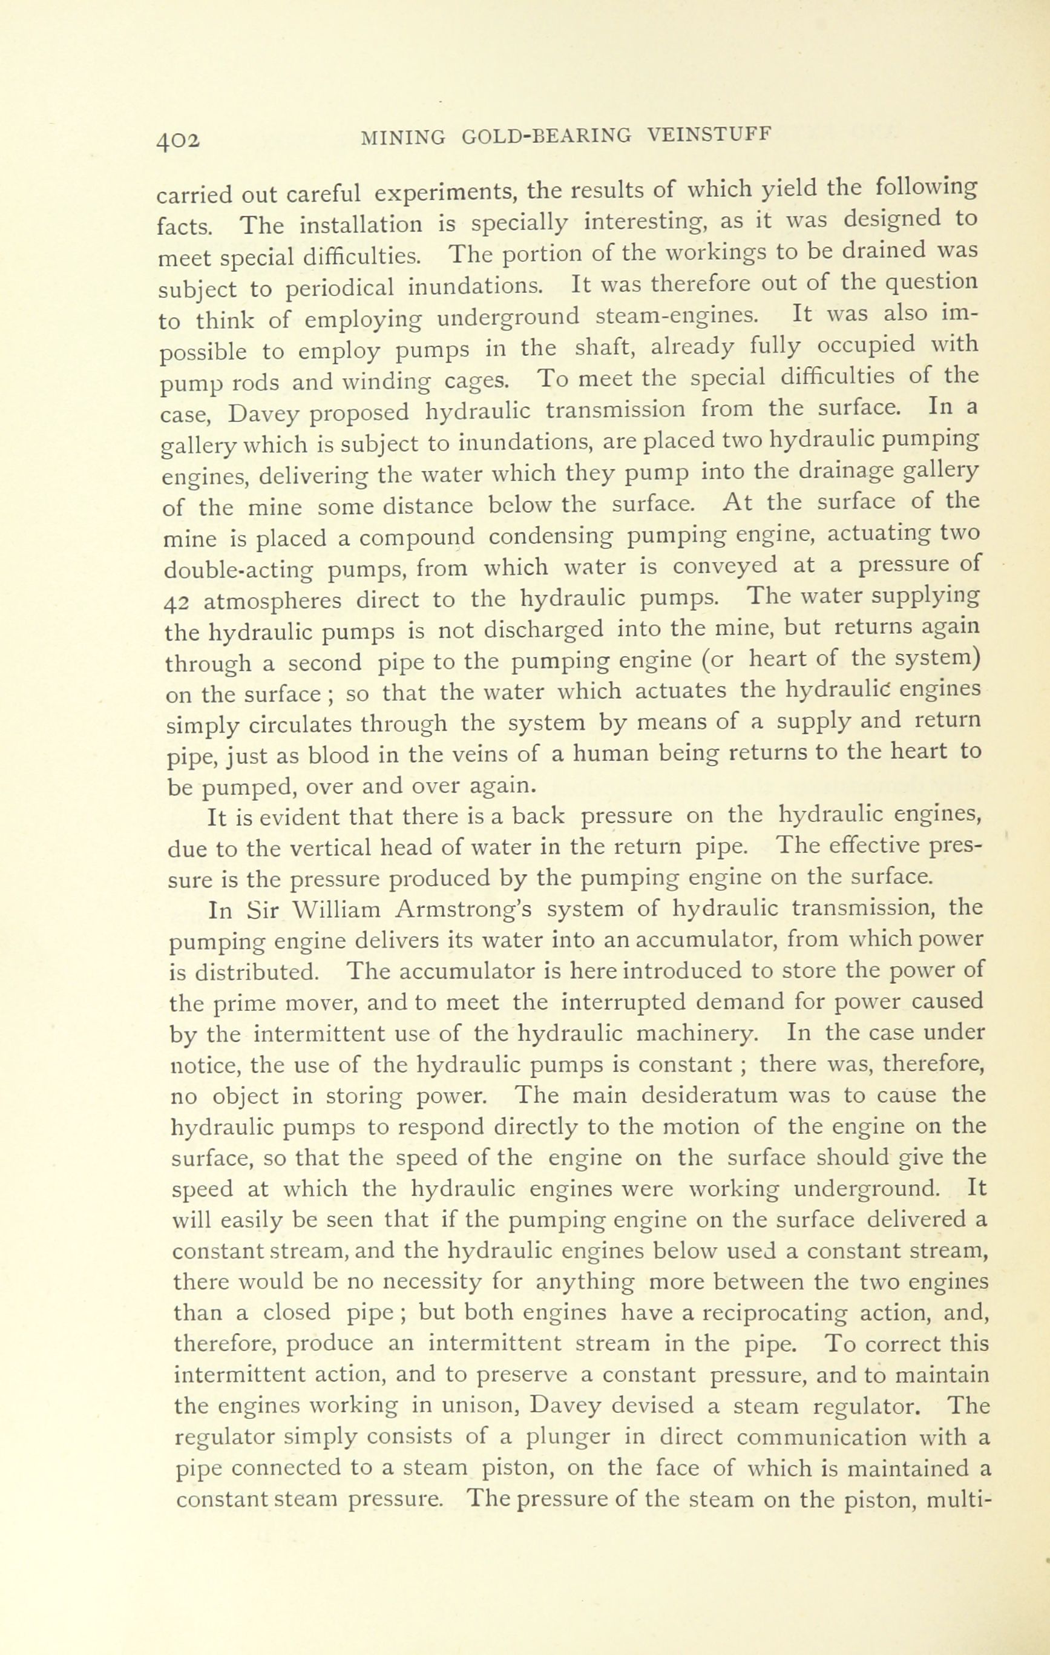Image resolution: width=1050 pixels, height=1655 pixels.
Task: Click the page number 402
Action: click(179, 140)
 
